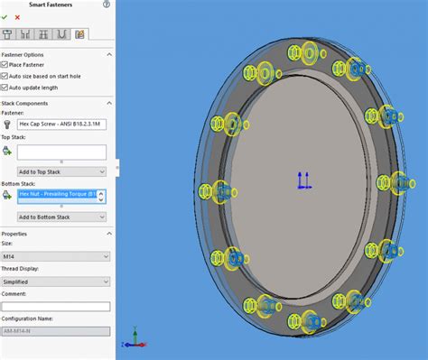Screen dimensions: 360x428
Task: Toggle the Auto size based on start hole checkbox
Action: [5, 77]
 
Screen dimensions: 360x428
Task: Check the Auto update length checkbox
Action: [5, 88]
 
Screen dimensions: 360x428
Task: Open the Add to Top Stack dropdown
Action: [61, 171]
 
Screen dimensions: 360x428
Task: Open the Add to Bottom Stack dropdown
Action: [61, 217]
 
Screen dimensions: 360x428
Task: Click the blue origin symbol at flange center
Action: [304, 181]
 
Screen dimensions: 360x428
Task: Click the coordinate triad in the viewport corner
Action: [135, 339]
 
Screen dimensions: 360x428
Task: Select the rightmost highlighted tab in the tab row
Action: [80, 34]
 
